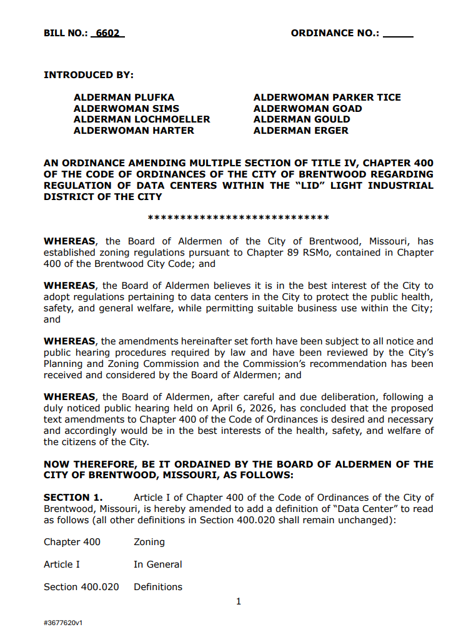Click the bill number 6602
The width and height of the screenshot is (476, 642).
click(107, 33)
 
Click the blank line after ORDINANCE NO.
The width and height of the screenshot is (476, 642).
click(398, 34)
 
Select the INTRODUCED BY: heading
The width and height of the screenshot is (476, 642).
click(89, 75)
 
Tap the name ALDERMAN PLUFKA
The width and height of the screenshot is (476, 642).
click(124, 98)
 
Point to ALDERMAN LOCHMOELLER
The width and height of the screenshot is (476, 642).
click(142, 119)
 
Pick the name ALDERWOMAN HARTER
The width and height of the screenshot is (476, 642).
click(134, 131)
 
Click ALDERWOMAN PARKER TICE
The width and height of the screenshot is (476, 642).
click(327, 98)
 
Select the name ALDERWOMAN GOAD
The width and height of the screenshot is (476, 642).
click(308, 109)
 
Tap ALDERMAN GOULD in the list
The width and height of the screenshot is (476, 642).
click(302, 119)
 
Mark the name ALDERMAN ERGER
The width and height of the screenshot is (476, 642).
click(301, 131)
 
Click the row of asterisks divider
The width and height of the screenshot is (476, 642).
click(238, 219)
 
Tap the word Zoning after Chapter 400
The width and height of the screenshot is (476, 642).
click(149, 542)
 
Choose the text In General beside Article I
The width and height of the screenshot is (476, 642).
click(158, 564)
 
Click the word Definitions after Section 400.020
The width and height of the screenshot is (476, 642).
click(158, 587)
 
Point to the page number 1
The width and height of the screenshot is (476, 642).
click(239, 602)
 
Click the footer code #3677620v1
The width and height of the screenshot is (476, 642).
click(63, 623)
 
